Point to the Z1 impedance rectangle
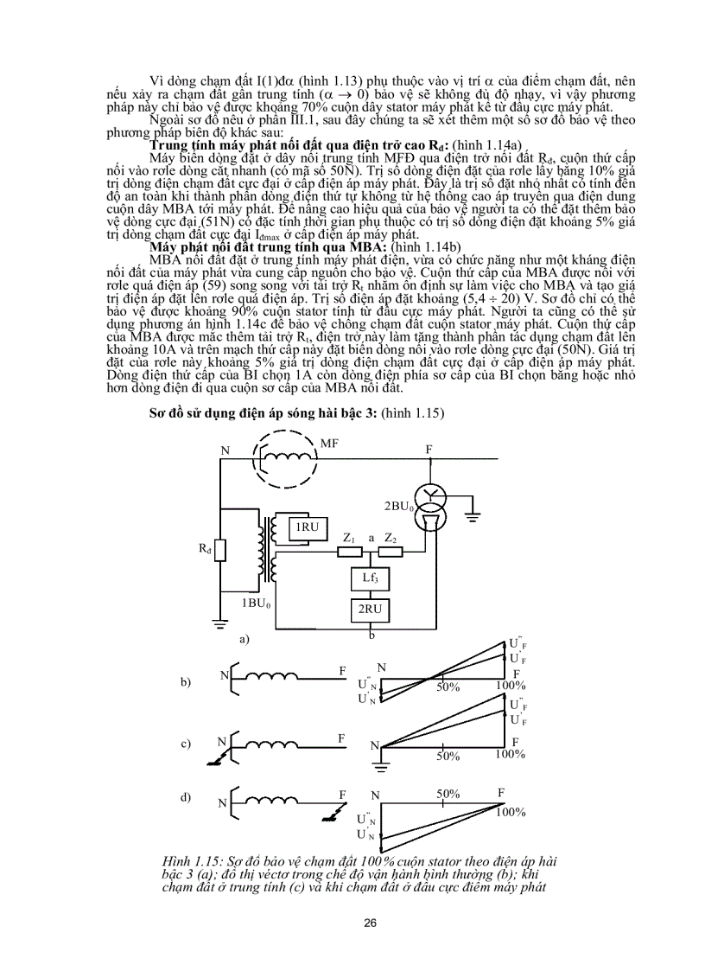tap(350, 551)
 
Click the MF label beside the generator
tap(329, 444)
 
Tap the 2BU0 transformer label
tap(398, 504)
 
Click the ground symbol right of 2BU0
tap(473, 519)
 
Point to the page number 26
tap(370, 923)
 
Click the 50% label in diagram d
tap(447, 794)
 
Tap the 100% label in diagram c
tap(510, 754)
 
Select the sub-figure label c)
tap(185, 743)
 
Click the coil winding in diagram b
tap(270, 676)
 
